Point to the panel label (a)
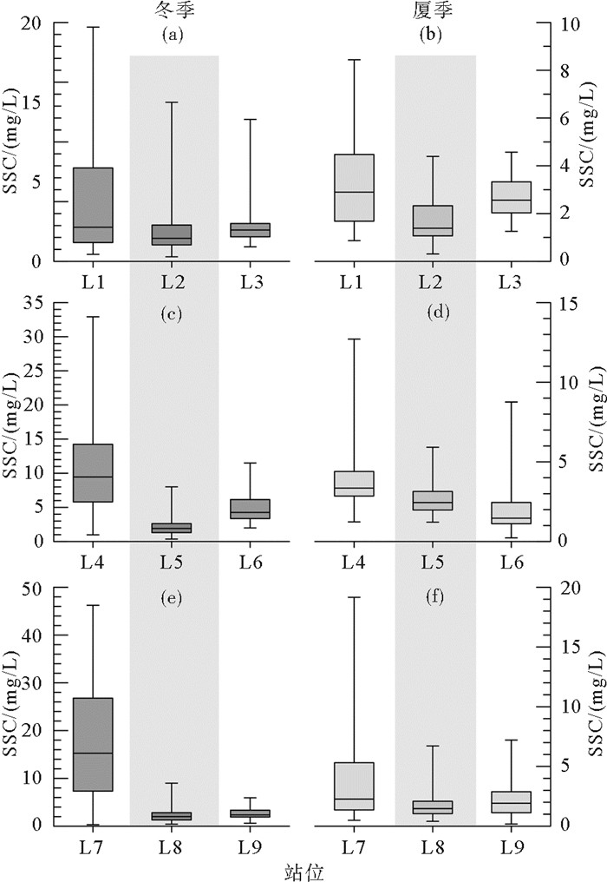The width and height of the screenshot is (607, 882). (174, 35)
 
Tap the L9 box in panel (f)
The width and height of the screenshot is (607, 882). (511, 802)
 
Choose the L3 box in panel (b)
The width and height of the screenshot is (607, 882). (511, 197)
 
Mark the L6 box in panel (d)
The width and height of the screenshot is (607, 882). (511, 512)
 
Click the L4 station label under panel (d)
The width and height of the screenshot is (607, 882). (352, 562)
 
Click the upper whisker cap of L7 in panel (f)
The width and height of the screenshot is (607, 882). (352, 597)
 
